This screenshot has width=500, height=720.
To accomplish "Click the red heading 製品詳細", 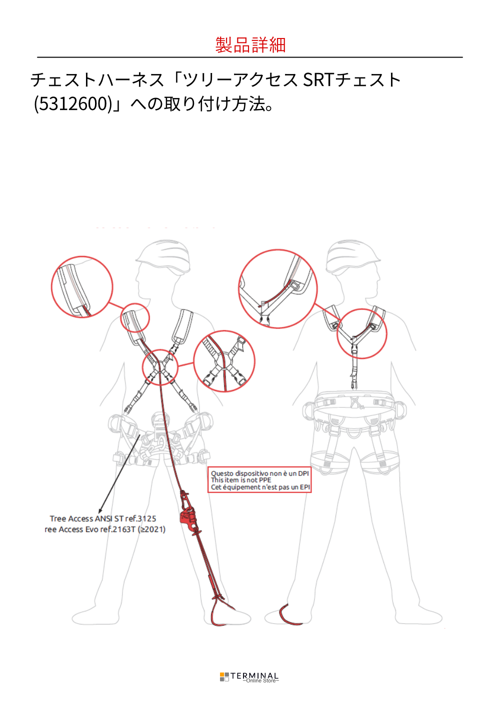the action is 250,44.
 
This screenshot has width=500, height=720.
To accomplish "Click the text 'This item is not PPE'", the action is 240,480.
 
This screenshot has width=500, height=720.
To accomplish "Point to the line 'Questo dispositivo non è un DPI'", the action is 259,473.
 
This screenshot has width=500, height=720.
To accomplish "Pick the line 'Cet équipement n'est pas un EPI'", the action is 260,487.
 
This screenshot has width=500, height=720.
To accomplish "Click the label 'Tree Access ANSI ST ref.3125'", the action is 103,518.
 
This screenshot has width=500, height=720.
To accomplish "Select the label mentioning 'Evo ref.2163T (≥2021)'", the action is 105,529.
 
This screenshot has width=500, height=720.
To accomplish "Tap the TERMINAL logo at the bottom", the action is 249,677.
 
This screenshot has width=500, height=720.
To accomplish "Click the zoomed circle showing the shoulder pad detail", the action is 82,286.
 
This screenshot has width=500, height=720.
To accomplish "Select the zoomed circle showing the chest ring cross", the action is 224,361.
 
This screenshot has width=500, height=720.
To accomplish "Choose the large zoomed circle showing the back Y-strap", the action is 278,288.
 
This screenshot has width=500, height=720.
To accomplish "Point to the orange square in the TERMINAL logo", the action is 222,674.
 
